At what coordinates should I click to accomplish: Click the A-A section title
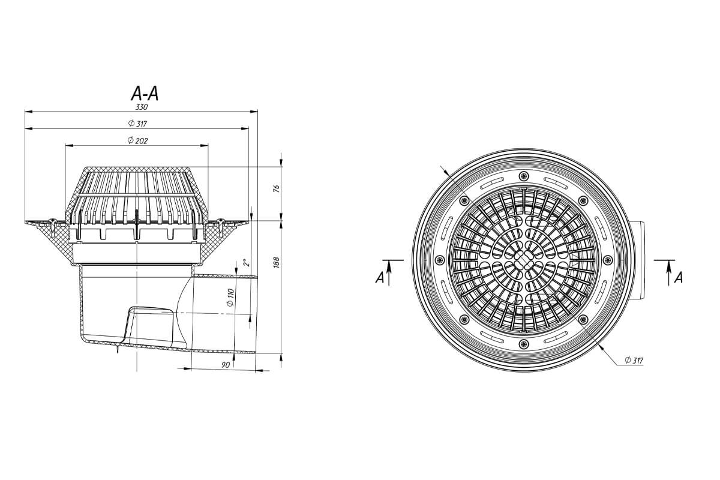tap(145, 94)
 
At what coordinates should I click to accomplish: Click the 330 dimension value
tap(142, 107)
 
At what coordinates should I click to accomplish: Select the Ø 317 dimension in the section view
tap(137, 124)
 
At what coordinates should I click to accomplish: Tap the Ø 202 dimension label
tap(137, 140)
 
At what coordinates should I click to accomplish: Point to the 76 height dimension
tap(277, 188)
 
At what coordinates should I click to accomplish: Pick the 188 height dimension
tap(277, 262)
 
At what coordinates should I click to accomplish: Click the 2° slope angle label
tap(247, 262)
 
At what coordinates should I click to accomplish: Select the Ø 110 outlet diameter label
tap(230, 298)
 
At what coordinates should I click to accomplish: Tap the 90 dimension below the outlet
tap(226, 365)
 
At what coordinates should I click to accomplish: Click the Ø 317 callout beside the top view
tap(634, 360)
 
